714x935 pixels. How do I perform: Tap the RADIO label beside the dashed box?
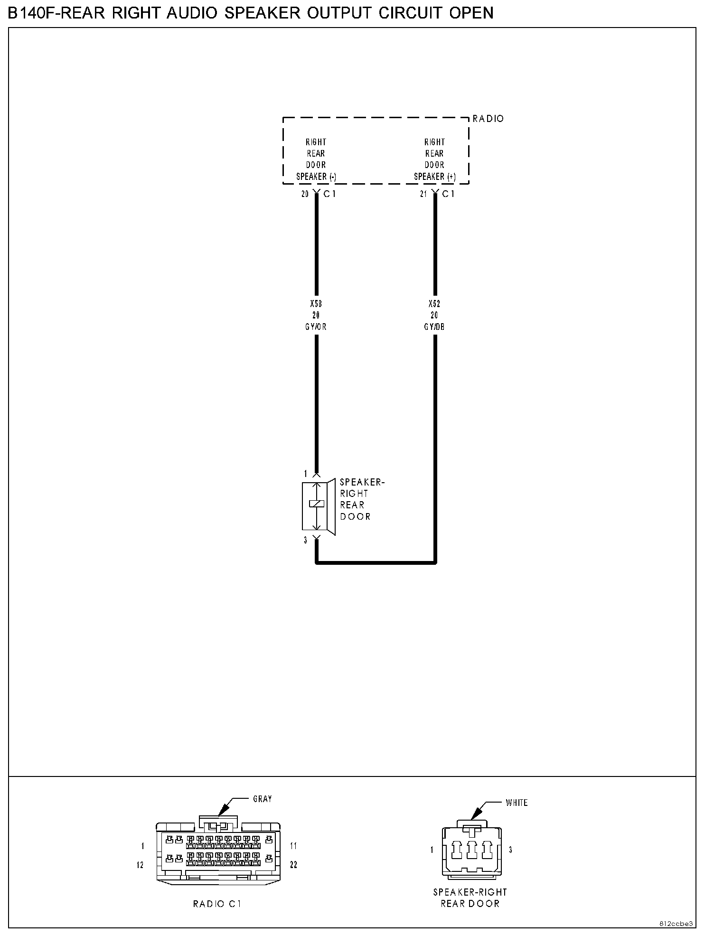pyautogui.click(x=488, y=119)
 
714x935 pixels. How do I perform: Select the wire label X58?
pyautogui.click(x=316, y=304)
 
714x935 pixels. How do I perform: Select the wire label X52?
pyautogui.click(x=434, y=304)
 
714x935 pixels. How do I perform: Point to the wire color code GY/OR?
pyautogui.click(x=316, y=327)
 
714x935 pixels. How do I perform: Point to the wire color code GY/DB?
pyautogui.click(x=434, y=327)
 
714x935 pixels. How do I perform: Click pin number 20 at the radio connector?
pyautogui.click(x=305, y=194)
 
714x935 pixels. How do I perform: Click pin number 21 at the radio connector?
pyautogui.click(x=423, y=194)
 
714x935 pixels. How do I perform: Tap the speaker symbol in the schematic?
pyautogui.click(x=318, y=505)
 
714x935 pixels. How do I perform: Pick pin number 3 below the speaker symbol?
pyautogui.click(x=306, y=540)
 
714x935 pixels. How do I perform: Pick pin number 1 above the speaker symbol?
pyautogui.click(x=306, y=474)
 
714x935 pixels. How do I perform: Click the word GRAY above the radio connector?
pyautogui.click(x=262, y=799)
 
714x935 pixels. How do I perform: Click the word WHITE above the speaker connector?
pyautogui.click(x=517, y=803)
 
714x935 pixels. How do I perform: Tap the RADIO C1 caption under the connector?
pyautogui.click(x=217, y=904)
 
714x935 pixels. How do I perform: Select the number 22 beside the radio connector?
pyautogui.click(x=293, y=865)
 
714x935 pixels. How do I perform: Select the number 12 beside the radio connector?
pyautogui.click(x=140, y=865)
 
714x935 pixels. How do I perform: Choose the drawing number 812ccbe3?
pyautogui.click(x=676, y=924)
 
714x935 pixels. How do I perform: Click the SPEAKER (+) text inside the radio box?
pyautogui.click(x=435, y=177)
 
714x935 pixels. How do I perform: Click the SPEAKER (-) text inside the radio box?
pyautogui.click(x=316, y=177)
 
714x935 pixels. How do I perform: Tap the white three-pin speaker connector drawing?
pyautogui.click(x=471, y=850)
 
